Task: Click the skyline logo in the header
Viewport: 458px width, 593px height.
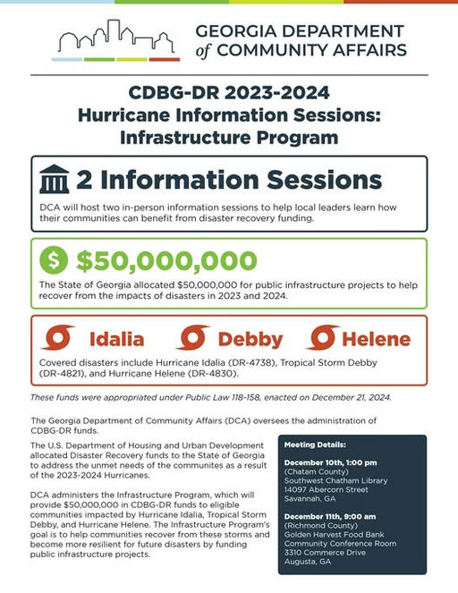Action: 115,39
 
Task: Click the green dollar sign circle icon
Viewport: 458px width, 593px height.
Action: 53,261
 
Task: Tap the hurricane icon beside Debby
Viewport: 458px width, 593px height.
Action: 192,339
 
